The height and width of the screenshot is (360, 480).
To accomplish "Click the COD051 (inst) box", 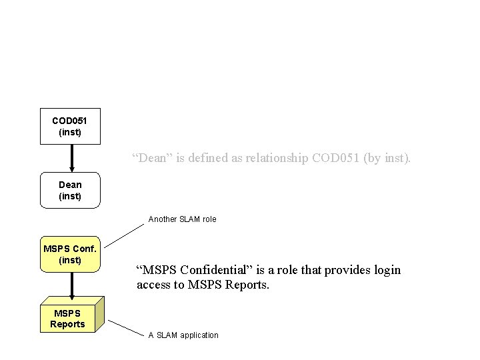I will click(x=70, y=126).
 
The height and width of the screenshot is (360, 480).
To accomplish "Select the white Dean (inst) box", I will click(x=70, y=190).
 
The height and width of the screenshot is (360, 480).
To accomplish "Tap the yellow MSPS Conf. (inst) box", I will click(x=70, y=254).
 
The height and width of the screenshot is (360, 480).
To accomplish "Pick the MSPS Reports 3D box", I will click(x=68, y=318).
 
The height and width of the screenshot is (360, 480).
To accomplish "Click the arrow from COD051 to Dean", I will click(x=72, y=159).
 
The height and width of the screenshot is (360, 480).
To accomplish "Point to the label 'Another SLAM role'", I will click(x=182, y=219).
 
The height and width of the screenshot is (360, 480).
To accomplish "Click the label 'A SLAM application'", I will click(x=183, y=335).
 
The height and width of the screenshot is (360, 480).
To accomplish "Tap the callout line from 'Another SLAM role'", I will click(x=125, y=235).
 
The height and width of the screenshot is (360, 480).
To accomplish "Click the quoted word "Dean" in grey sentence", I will click(x=150, y=159).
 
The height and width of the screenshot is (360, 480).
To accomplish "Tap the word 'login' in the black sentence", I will click(x=387, y=270).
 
